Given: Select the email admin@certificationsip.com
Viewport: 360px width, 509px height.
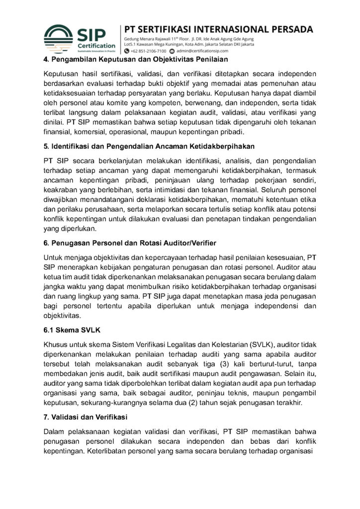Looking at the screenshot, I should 201,50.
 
